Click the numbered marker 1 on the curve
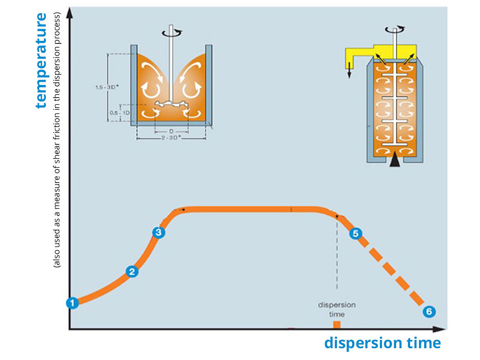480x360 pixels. tap(72, 303)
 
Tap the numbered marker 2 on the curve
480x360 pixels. tap(132, 271)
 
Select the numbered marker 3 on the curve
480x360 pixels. tap(158, 232)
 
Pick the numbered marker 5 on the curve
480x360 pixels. tap(355, 233)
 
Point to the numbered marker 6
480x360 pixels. tap(429, 312)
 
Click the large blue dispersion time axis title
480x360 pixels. tap(382, 343)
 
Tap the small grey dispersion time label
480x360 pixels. tap(337, 310)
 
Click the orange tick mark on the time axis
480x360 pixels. tap(336, 325)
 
